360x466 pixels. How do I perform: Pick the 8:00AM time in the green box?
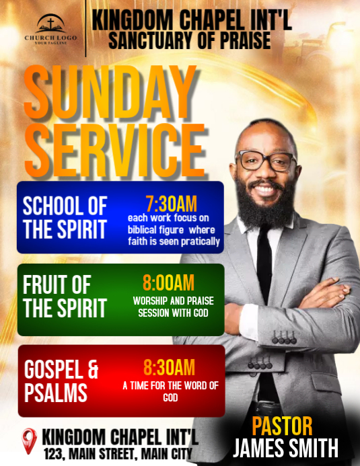pos(168,283)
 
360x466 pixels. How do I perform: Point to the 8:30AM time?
pos(169,367)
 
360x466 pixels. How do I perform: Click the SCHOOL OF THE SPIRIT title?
pos(65,217)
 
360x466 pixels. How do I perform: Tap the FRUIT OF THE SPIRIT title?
pos(65,296)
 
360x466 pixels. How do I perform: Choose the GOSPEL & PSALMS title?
pos(61,381)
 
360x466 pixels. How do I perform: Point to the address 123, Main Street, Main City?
pos(118,453)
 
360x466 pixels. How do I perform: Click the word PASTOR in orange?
pos(282,426)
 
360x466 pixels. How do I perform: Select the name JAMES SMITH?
pos(285,447)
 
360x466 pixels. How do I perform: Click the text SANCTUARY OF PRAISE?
pos(190,40)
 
